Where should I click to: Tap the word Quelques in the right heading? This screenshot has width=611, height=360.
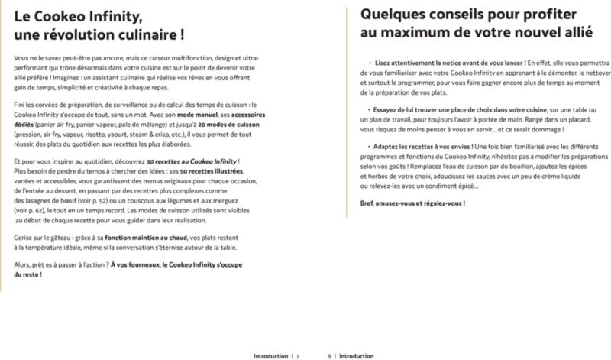pos(393,14)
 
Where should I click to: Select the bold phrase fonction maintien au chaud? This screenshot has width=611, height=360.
pos(147,239)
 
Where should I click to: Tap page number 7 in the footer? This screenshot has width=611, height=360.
pos(298,355)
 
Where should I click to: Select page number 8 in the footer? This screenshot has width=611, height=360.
pos(329,355)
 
